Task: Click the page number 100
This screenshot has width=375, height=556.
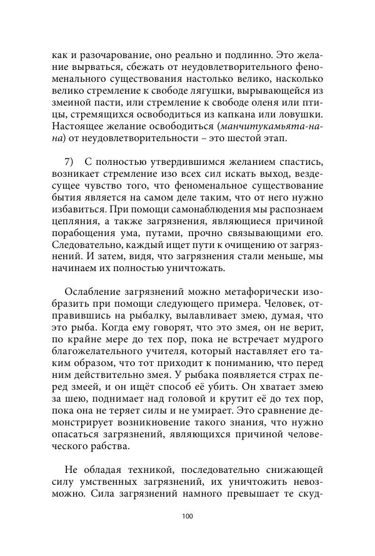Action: (x=187, y=516)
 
